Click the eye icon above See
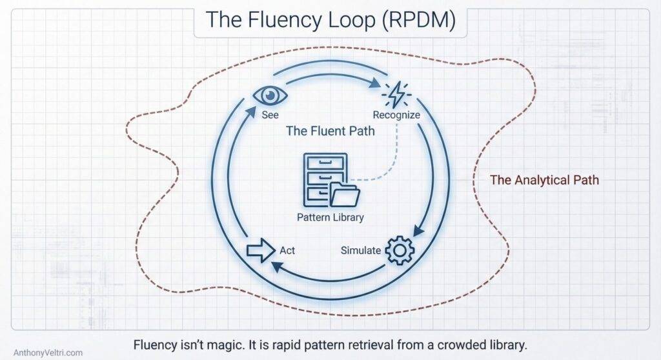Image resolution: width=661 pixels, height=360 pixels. click(x=270, y=95)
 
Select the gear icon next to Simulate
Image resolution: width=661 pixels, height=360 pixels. click(x=400, y=250)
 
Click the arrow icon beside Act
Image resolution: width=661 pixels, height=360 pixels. click(x=261, y=250)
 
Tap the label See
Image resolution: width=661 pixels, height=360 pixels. click(x=270, y=115)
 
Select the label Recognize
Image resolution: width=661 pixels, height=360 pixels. click(x=396, y=115)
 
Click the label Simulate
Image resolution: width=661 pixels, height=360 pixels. click(x=360, y=250)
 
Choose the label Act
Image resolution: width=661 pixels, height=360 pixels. click(x=287, y=250)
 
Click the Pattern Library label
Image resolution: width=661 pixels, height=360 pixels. click(x=330, y=217)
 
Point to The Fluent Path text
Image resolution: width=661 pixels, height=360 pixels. click(x=330, y=131)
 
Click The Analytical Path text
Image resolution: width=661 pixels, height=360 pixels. click(x=544, y=180)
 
